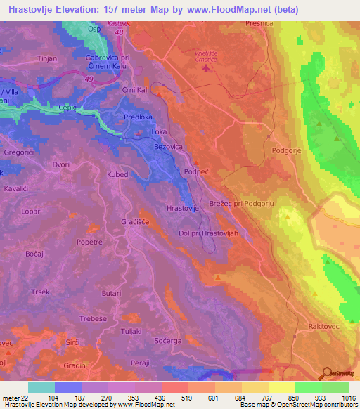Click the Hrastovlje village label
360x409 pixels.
coord(186,209)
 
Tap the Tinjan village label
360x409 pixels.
coord(47,59)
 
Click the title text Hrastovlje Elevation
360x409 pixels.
coord(63,10)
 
